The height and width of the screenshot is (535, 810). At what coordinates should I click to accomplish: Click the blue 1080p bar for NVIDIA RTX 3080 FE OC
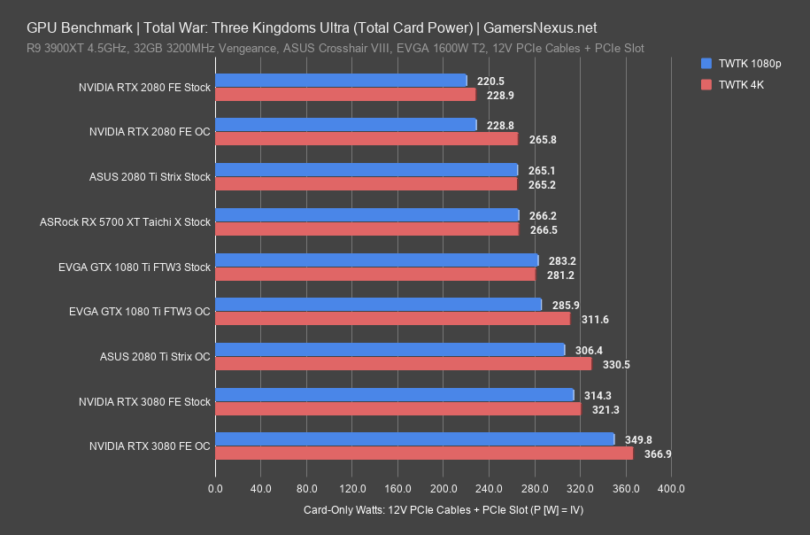tap(414, 439)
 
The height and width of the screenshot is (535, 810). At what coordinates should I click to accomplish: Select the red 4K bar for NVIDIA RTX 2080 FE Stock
tap(345, 95)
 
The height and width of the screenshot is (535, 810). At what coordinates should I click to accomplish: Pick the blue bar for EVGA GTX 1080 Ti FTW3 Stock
tap(376, 260)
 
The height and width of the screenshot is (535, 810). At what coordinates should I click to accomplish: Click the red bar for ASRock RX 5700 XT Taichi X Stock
tap(366, 229)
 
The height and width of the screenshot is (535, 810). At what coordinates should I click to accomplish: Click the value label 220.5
tap(490, 81)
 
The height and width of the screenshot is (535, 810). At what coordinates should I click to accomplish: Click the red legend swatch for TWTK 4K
tap(706, 85)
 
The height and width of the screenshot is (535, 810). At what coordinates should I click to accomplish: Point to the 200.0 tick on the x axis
tap(444, 488)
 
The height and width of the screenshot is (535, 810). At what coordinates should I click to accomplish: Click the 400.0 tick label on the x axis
tap(671, 488)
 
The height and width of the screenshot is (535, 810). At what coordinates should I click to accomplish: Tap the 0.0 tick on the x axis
tap(215, 488)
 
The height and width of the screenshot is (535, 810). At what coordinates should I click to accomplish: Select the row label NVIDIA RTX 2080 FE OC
tap(150, 132)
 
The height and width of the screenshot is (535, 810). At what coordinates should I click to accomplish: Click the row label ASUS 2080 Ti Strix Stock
tap(150, 177)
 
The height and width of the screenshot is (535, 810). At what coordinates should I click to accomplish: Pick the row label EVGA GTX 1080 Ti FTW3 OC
tap(139, 312)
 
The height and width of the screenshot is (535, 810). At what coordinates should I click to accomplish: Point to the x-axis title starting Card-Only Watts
tap(443, 510)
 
